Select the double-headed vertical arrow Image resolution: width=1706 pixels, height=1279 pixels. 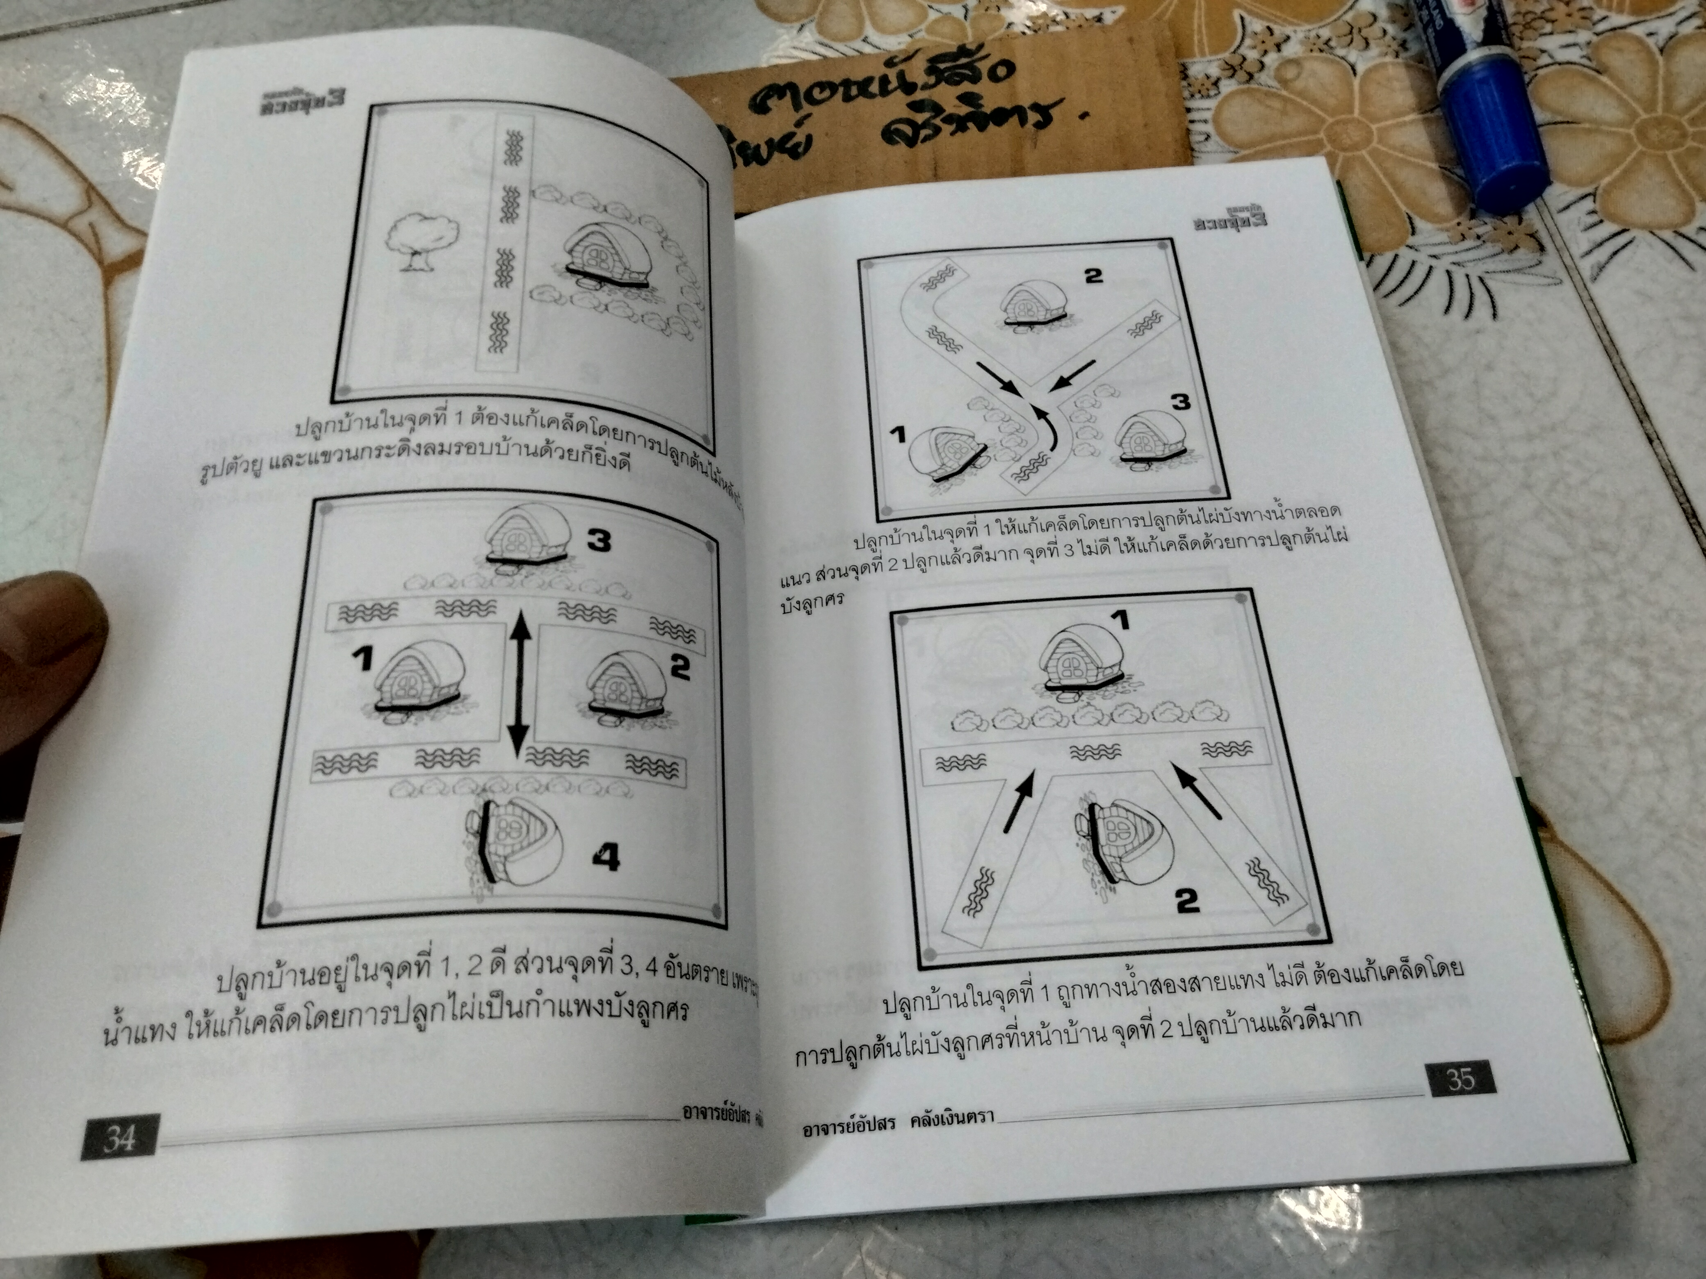tap(520, 681)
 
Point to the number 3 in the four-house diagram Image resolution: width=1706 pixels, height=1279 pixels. tap(598, 541)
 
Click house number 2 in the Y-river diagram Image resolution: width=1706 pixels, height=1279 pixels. tap(1033, 305)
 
